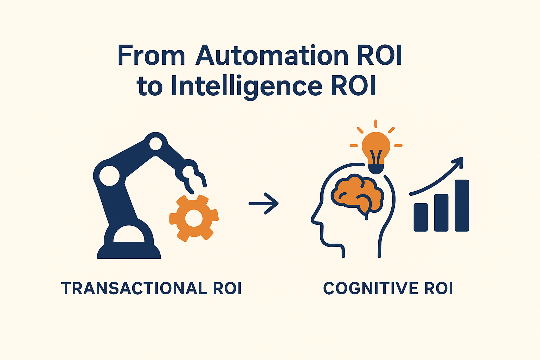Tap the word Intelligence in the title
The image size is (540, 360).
pyautogui.click(x=246, y=86)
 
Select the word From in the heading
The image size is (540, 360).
pyautogui.click(x=151, y=56)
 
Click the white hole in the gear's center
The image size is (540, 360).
pyautogui.click(x=194, y=218)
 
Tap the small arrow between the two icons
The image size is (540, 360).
pyautogui.click(x=264, y=203)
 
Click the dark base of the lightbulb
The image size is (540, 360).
pyautogui.click(x=376, y=169)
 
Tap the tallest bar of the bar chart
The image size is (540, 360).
pyautogui.click(x=462, y=206)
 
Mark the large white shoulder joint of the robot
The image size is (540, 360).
pyautogui.click(x=109, y=175)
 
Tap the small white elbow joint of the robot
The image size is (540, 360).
pyautogui.click(x=155, y=143)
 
